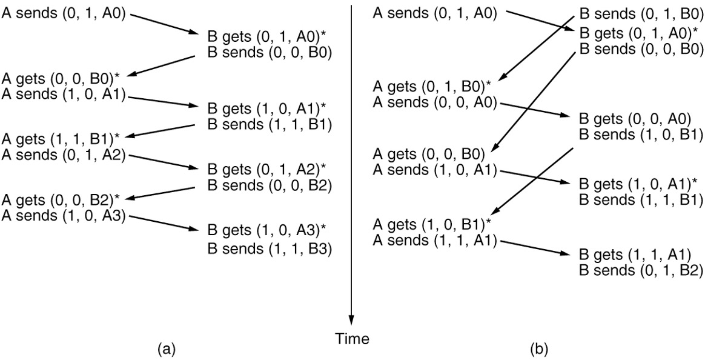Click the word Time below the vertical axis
pos(352,339)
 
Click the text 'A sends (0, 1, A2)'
pos(64,155)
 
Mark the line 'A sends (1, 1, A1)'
pos(435,240)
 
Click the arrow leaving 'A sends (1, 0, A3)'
pos(164,222)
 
